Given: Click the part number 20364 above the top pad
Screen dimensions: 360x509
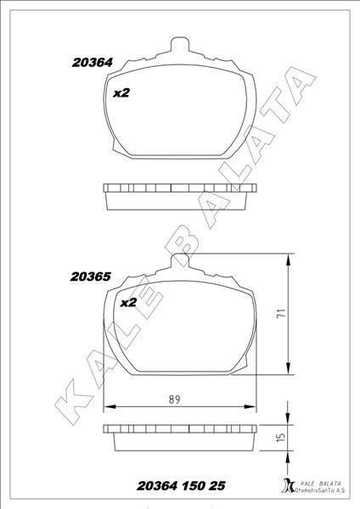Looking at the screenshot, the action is point(93,63).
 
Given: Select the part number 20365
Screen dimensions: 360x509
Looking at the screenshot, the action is point(91,277).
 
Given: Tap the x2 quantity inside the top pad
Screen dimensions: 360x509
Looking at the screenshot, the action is point(121,93).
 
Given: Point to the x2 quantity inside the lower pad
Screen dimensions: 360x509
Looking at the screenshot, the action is point(128,303).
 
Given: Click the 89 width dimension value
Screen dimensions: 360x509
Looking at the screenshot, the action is point(174,400).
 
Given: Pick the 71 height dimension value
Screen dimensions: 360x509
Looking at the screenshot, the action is point(281,313).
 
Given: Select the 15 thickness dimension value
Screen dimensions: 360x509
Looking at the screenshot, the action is point(281,437).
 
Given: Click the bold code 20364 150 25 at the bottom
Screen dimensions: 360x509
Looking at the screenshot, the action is point(181,486).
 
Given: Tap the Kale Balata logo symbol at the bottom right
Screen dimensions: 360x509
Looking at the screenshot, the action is point(288,485).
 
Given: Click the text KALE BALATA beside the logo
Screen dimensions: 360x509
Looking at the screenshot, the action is point(319,484).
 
